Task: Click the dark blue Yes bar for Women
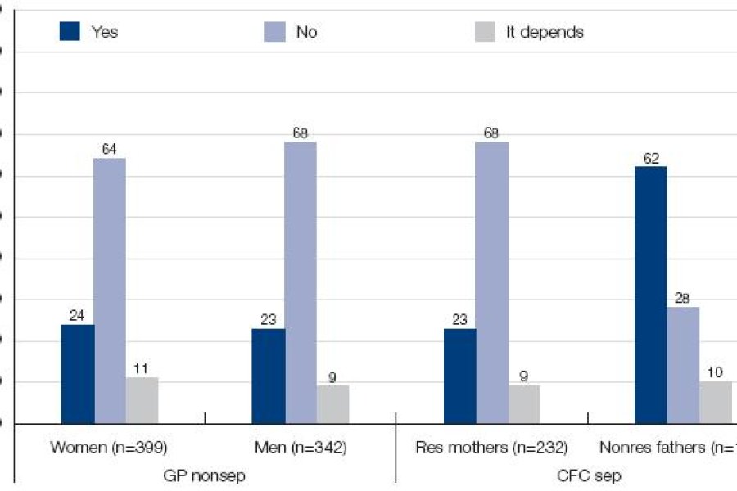(78, 374)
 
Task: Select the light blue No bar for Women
(110, 291)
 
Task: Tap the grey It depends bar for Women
(142, 400)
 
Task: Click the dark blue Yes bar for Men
(269, 376)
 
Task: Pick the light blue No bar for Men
(301, 282)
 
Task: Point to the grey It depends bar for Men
(332, 404)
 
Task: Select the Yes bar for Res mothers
(459, 376)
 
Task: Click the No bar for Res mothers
(491, 282)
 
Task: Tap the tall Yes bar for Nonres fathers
(651, 295)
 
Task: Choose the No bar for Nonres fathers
(683, 365)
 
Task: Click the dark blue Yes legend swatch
(70, 33)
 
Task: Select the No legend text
(306, 33)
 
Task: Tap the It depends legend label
(545, 33)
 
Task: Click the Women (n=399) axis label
(109, 447)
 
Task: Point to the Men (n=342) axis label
(301, 447)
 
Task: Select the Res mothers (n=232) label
(491, 447)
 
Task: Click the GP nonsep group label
(204, 475)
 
